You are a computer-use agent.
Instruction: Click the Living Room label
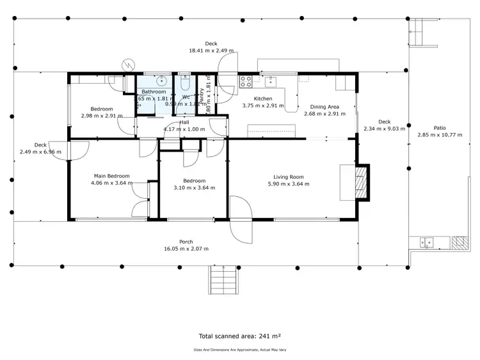click(x=288, y=177)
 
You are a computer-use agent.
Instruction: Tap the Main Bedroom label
click(x=112, y=176)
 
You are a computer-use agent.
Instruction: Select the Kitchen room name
click(x=263, y=98)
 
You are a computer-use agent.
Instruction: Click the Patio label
click(x=440, y=128)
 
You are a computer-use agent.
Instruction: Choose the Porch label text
click(x=186, y=242)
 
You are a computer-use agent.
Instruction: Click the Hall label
click(x=184, y=122)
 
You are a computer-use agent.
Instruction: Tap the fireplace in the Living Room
click(x=362, y=182)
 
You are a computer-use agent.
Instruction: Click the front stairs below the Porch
click(x=221, y=279)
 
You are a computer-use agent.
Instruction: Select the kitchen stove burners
click(x=245, y=82)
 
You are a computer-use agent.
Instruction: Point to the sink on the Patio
click(x=427, y=242)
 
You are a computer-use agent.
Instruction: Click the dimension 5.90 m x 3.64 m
click(x=288, y=184)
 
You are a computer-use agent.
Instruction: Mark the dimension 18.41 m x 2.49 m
click(x=211, y=51)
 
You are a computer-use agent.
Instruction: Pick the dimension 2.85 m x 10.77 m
click(x=440, y=135)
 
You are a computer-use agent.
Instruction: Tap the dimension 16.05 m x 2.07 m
click(x=186, y=249)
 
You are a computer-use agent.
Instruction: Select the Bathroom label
click(x=154, y=91)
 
